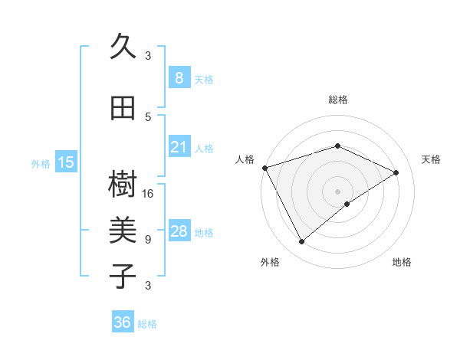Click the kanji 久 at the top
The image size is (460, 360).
[123, 47]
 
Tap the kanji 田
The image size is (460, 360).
[123, 109]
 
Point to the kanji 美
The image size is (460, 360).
[123, 231]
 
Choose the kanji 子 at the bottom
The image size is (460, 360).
[123, 275]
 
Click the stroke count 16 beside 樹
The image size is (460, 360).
[149, 193]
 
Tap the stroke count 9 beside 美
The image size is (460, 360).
[148, 239]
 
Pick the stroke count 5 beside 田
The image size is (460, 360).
[148, 116]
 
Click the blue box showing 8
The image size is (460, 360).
[179, 78]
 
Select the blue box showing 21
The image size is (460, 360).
[179, 147]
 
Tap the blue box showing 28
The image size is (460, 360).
[179, 231]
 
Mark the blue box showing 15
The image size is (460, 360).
[65, 162]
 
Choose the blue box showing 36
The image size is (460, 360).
[122, 322]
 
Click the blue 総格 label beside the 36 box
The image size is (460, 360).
[147, 324]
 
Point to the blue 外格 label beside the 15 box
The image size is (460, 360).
[40, 163]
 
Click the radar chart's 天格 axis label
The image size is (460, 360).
[431, 159]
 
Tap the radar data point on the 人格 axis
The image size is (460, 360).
[264, 168]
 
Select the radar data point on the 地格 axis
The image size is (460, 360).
[347, 204]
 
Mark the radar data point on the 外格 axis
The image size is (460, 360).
[301, 242]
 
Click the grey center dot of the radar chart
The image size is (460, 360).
[337, 191]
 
